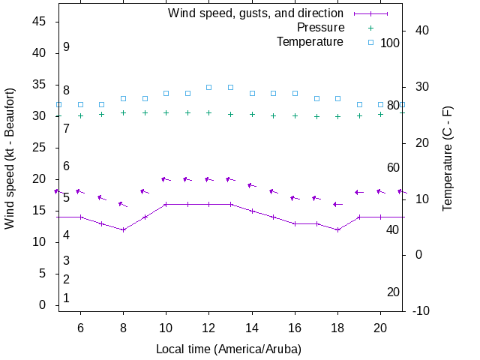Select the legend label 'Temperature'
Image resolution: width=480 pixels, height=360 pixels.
310,42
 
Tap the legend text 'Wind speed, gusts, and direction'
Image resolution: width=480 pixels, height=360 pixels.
256,13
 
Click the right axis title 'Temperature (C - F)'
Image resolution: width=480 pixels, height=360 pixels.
448,157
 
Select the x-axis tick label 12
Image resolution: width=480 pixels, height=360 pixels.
209,327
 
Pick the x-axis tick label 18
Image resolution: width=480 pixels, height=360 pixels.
337,327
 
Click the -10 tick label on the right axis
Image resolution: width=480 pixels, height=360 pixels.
421,310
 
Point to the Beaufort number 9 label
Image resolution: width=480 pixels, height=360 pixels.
67,47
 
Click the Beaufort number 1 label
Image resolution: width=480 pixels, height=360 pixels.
67,298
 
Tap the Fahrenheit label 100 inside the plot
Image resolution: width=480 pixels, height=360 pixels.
390,43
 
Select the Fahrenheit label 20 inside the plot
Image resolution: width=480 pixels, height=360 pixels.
393,292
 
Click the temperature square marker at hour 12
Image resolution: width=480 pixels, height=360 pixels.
209,87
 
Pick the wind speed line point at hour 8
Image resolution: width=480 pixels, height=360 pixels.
124,229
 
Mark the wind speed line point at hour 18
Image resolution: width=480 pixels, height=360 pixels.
338,229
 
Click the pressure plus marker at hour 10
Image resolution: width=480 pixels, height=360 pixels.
166,113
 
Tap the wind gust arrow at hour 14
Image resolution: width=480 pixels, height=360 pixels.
252,185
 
